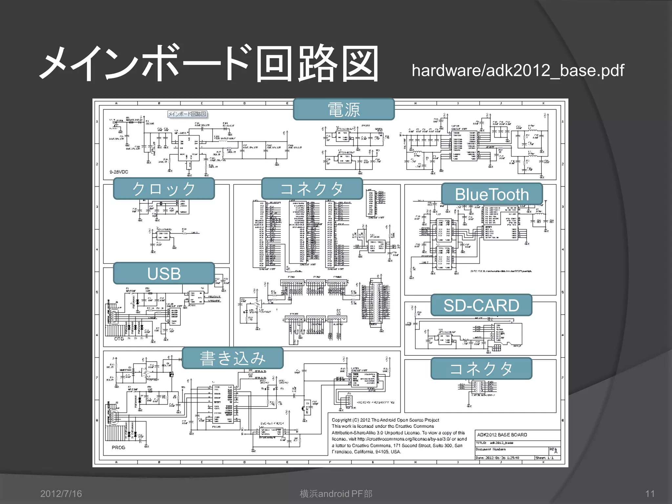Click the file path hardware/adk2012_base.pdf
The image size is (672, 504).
pos(517,71)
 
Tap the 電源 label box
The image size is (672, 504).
pos(344,109)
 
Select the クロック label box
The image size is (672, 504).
pos(164,189)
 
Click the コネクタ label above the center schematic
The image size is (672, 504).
pos(312,189)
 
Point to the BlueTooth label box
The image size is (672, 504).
pos(492,194)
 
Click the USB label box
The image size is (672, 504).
pos(164,273)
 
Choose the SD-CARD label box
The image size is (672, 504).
pos(481,305)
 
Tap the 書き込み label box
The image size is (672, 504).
pos(232,358)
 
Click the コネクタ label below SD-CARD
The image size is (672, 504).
pos(481,368)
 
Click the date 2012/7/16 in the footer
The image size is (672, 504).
pos(61,493)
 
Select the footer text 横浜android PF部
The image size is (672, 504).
pos(336,493)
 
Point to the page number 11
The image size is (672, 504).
pos(650,493)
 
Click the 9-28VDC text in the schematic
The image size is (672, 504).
pos(119,172)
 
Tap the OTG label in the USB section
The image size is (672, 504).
pos(119,339)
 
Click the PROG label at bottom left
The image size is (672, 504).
pos(118,448)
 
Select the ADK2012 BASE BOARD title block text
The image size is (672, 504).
pos(502,435)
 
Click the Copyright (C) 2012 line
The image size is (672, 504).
pos(385,420)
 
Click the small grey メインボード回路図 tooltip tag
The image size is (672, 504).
pos(187,114)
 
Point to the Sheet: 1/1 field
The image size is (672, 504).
pos(545,458)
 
